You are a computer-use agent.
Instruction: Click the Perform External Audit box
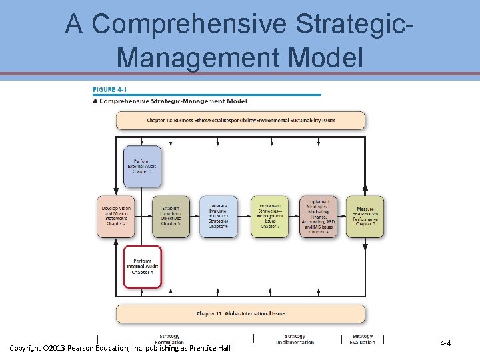pyautogui.click(x=142, y=165)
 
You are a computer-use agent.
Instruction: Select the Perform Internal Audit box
pyautogui.click(x=142, y=267)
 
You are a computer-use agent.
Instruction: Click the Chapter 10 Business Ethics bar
pyautogui.click(x=241, y=121)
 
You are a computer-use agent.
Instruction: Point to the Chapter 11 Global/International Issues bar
pyautogui.click(x=241, y=313)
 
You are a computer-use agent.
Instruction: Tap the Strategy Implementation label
pyautogui.click(x=295, y=339)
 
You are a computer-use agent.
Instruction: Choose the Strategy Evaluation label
pyautogui.click(x=362, y=339)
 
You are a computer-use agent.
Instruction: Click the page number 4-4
pyautogui.click(x=445, y=343)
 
